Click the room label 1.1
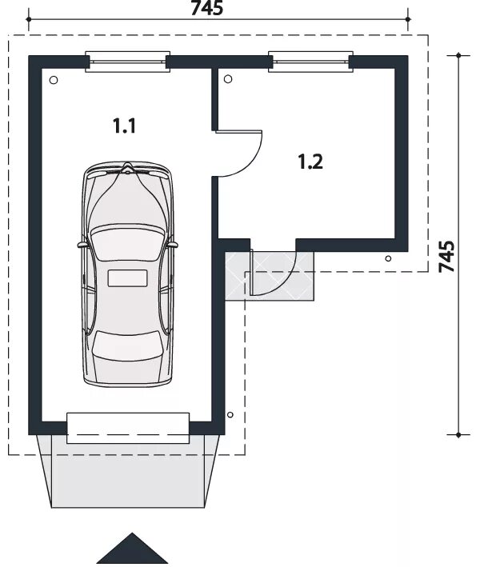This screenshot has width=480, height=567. tap(124, 126)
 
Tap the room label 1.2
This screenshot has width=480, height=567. tap(310, 162)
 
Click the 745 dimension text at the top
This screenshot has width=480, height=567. tap(207, 8)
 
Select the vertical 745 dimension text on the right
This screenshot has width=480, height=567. tap(446, 257)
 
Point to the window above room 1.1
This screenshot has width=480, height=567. tap(128, 62)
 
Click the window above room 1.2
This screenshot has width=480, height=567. tap(310, 62)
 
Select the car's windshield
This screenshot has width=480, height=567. tap(126, 242)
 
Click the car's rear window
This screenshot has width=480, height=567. tap(127, 346)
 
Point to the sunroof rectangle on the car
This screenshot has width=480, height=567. tap(128, 278)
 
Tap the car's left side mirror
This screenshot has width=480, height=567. tap(82, 245)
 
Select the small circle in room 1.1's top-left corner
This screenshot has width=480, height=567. tap(54, 80)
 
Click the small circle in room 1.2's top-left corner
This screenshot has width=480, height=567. tap(228, 79)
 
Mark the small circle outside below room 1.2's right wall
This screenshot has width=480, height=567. tap(388, 258)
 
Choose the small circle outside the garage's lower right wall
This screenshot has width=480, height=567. tap(230, 414)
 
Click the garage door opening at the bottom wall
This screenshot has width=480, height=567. tap(128, 428)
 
